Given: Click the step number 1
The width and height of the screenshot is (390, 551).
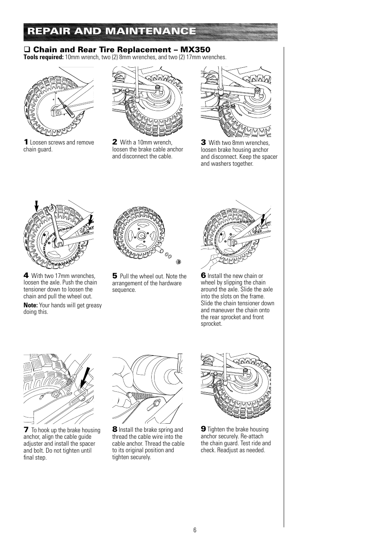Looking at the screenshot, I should [25, 142].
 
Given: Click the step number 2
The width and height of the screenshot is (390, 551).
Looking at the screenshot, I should [115, 142].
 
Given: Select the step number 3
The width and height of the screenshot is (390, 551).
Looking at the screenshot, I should [203, 142].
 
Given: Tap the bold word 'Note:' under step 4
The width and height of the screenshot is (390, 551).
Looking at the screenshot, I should [30, 305].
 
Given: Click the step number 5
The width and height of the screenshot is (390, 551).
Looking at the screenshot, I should [115, 276].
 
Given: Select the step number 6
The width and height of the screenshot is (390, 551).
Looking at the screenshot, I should [203, 275].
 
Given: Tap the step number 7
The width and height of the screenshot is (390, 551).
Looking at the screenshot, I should [26, 430].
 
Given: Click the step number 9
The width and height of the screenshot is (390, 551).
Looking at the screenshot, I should [203, 429].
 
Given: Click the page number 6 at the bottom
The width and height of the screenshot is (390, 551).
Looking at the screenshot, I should [195, 530].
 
